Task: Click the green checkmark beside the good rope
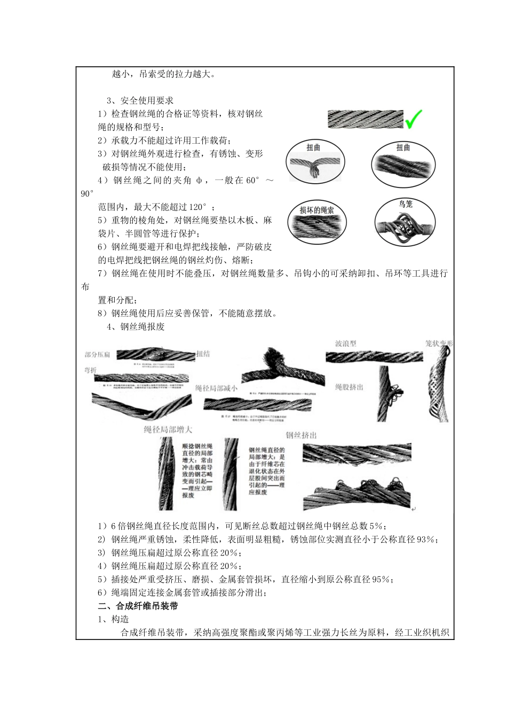click(414, 119)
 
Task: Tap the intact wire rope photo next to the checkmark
click(365, 119)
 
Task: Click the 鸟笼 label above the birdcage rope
click(405, 204)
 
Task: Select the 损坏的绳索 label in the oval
click(317, 210)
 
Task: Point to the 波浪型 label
click(345, 344)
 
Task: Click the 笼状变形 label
click(438, 344)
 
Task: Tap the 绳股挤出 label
click(349, 386)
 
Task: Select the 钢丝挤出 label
click(301, 435)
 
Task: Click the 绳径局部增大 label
click(168, 429)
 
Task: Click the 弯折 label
click(90, 370)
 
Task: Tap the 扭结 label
click(203, 354)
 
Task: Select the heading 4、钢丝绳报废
click(136, 326)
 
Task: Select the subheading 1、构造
click(113, 619)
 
